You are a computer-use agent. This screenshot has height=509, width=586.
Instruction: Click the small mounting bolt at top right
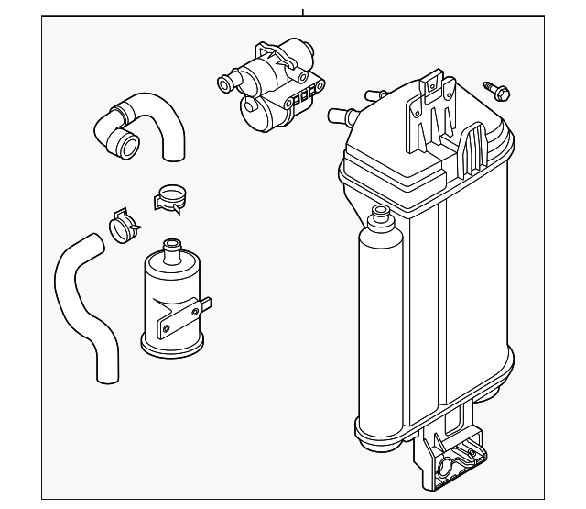(501, 90)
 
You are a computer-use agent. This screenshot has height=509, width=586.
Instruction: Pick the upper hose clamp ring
(170, 196)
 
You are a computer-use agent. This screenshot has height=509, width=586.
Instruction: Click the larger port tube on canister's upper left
(340, 115)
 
